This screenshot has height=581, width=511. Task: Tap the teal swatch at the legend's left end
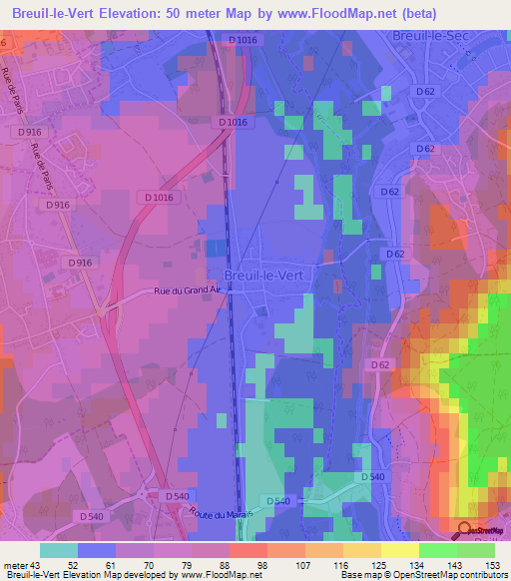[59, 551]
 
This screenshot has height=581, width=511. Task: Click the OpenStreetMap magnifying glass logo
[466, 530]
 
